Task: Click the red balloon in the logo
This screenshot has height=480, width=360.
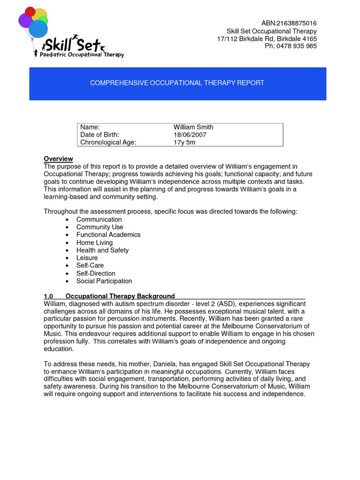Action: [x=30, y=11]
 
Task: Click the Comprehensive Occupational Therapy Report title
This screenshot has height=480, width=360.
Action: [x=177, y=83]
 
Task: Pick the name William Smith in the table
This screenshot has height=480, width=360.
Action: [x=193, y=127]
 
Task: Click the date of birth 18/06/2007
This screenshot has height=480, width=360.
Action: [x=190, y=135]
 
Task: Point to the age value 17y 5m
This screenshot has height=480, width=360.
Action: [x=184, y=142]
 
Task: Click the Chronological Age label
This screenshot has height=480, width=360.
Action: [x=108, y=142]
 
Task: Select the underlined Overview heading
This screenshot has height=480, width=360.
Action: [x=58, y=159]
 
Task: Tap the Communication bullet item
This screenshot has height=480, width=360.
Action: [x=99, y=219]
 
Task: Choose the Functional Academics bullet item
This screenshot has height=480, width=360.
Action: [x=108, y=234]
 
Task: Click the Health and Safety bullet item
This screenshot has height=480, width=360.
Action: [x=102, y=250]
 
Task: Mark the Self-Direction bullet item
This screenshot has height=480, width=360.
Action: [x=96, y=273]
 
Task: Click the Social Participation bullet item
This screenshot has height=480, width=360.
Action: [x=104, y=281]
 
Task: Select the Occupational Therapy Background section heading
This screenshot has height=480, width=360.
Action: [x=120, y=296]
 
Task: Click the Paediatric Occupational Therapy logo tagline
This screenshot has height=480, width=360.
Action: [x=79, y=55]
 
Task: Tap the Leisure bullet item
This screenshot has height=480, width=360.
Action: [x=87, y=258]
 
